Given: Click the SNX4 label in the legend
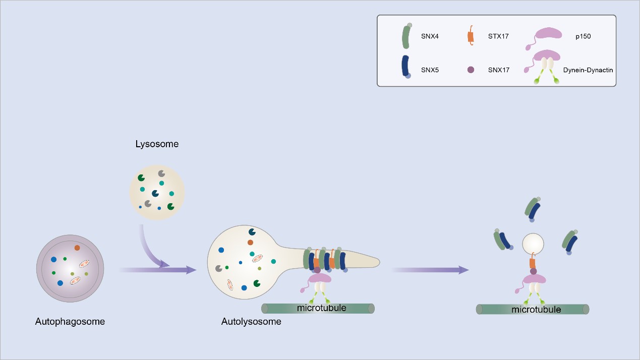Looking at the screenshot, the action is coord(430,36).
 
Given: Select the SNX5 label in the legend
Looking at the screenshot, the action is coord(430,70).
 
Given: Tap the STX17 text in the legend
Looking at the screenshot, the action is coord(498,36).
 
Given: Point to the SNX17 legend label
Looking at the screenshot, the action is coord(499,70).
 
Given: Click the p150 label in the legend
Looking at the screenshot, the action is coord(583,36).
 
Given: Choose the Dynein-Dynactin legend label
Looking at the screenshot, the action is coord(588,70).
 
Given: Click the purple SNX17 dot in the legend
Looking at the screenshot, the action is coord(471,70).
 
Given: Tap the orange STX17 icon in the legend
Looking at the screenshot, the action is coord(471,36).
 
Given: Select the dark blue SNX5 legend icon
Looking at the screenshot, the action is coord(405,67).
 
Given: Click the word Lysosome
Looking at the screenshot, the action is coord(157,144).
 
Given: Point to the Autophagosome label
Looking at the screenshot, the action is coord(70,322).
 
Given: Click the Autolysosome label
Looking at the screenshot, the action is coord(251,322).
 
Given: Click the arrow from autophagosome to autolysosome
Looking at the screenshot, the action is coord(158,270).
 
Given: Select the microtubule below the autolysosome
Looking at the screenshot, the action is coord(318,308).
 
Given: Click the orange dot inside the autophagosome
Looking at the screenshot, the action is coord(77,248).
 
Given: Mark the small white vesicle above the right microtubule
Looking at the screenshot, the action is coord(533,244).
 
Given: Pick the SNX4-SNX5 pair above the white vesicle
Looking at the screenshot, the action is coord(533,209).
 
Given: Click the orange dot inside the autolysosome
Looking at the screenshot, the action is coord(250,243).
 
